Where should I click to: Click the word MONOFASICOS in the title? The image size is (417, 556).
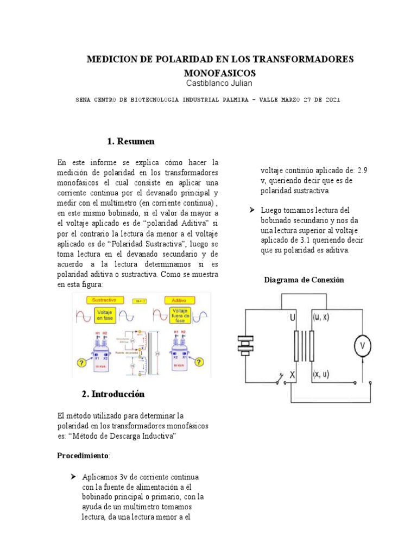pyautogui.click(x=220, y=72)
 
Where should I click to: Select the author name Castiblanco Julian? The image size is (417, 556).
pyautogui.click(x=220, y=83)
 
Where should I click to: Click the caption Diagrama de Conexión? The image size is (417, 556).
pyautogui.click(x=304, y=280)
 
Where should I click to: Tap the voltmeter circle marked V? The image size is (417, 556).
pyautogui.click(x=362, y=345)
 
